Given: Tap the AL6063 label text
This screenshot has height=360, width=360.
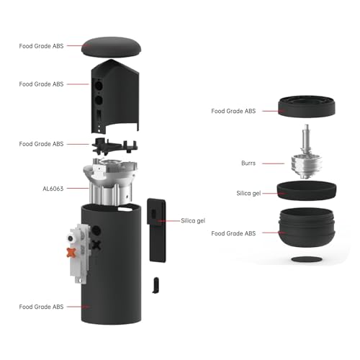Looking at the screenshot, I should (53, 188).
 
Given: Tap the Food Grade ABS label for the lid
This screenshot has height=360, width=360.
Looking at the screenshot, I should (41, 45).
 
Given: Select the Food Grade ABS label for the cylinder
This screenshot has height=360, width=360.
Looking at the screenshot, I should (41, 307).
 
